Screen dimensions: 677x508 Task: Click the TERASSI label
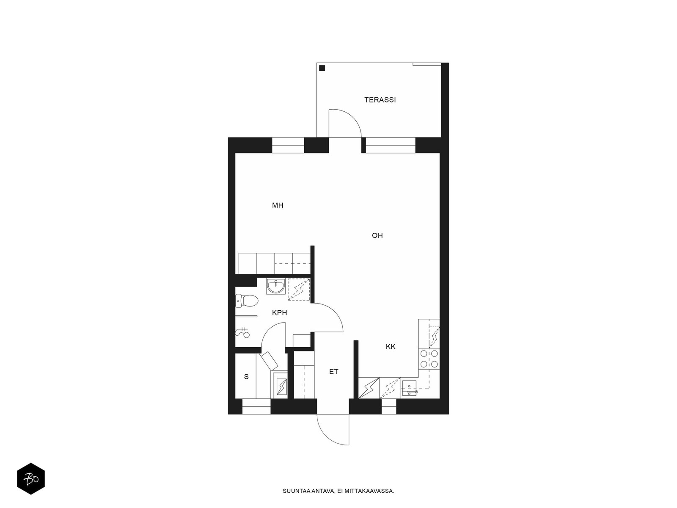[380, 99]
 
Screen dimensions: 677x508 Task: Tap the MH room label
[277, 205]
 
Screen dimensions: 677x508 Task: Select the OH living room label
[377, 235]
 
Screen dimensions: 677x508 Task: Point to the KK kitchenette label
[391, 346]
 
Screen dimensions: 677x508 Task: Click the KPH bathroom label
[279, 313]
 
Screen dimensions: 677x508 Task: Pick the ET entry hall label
[334, 372]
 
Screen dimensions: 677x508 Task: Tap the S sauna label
[246, 377]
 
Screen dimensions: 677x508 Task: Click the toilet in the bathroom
[246, 301]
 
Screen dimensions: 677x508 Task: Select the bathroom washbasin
[276, 286]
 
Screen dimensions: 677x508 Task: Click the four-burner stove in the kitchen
[429, 359]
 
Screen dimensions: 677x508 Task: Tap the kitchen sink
[409, 389]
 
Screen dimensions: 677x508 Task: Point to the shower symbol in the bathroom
[242, 332]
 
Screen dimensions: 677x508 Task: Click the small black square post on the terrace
[322, 68]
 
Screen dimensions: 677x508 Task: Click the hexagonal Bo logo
[31, 479]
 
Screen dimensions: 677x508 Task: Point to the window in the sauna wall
[256, 406]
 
